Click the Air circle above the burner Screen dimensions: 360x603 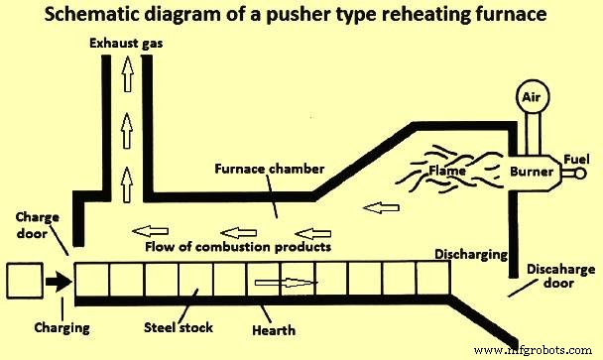pyautogui.click(x=533, y=98)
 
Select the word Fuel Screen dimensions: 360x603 pyautogui.click(x=576, y=157)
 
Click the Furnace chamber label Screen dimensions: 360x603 pyautogui.click(x=271, y=170)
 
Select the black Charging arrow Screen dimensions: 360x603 pyautogui.click(x=56, y=282)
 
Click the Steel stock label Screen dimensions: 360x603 pyautogui.click(x=177, y=326)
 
